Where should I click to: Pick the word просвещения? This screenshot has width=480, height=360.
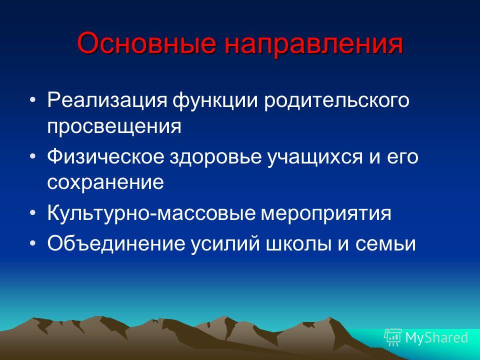pyautogui.click(x=114, y=126)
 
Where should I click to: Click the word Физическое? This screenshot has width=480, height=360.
pyautogui.click(x=105, y=156)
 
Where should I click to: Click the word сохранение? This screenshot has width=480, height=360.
pyautogui.click(x=105, y=182)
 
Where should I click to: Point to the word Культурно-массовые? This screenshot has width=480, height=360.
pyautogui.click(x=151, y=213)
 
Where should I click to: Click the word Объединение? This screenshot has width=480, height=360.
pyautogui.click(x=116, y=243)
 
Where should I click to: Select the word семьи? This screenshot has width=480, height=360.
pyautogui.click(x=385, y=244)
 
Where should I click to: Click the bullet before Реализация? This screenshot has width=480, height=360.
pyautogui.click(x=33, y=100)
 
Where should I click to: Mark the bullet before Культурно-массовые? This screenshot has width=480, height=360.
pyautogui.click(x=33, y=212)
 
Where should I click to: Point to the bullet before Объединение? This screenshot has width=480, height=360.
pyautogui.click(x=33, y=243)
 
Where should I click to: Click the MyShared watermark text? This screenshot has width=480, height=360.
pyautogui.click(x=436, y=337)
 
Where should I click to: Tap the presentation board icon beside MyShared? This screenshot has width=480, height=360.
pyautogui.click(x=393, y=337)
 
